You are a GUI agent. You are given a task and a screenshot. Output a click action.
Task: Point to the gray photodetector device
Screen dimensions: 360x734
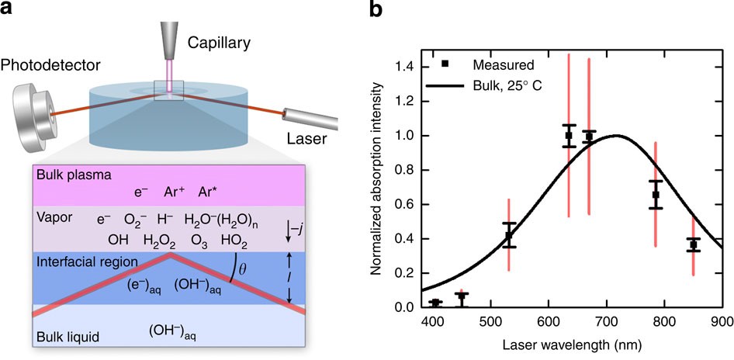tap(35, 116)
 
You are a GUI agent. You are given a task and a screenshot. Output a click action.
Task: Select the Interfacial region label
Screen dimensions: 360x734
tap(86, 263)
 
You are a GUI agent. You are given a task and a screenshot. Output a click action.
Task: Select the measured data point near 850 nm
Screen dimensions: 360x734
tap(693, 244)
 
